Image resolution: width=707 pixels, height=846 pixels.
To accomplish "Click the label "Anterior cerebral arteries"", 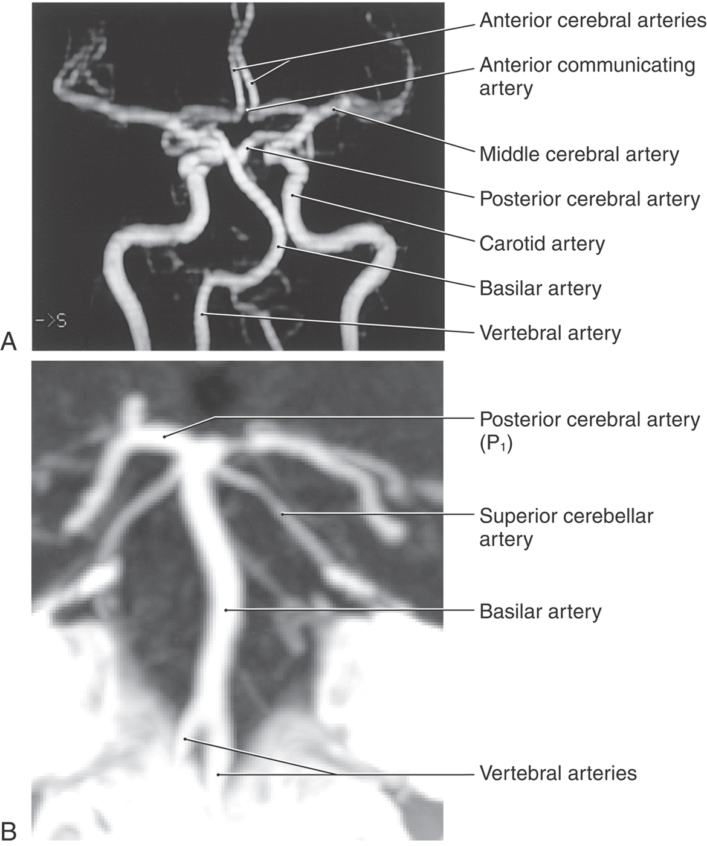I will point(592,21).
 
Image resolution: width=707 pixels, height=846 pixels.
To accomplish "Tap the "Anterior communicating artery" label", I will point(587,76).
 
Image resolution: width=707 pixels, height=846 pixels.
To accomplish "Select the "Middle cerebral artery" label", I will point(579,155).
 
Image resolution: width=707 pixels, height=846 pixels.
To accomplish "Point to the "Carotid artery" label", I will point(542,244).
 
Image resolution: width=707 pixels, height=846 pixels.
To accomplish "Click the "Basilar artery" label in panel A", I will point(540,288).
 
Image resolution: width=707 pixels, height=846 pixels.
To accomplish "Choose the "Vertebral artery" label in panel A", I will point(550,333).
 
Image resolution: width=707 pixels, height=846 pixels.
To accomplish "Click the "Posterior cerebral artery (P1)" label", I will point(589,430).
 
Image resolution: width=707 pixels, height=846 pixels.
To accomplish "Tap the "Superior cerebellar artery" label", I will point(566,527).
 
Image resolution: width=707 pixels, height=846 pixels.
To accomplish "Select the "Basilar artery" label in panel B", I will point(540,612).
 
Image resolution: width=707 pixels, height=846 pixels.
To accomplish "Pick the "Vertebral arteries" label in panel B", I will point(558,773).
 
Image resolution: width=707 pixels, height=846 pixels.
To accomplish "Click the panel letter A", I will point(9,342).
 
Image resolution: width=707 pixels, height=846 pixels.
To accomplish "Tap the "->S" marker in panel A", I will point(51,320).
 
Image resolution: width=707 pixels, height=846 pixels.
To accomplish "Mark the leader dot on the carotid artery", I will point(292,195).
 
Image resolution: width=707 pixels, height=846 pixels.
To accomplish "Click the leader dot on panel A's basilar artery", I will point(279,247).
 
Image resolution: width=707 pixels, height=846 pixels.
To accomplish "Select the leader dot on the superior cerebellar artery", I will point(282,514).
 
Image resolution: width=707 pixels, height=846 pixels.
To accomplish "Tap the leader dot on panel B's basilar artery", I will point(225,610).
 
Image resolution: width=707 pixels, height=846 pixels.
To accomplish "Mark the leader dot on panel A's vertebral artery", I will point(203,314).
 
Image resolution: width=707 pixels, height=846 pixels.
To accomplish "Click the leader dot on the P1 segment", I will point(164,436).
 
